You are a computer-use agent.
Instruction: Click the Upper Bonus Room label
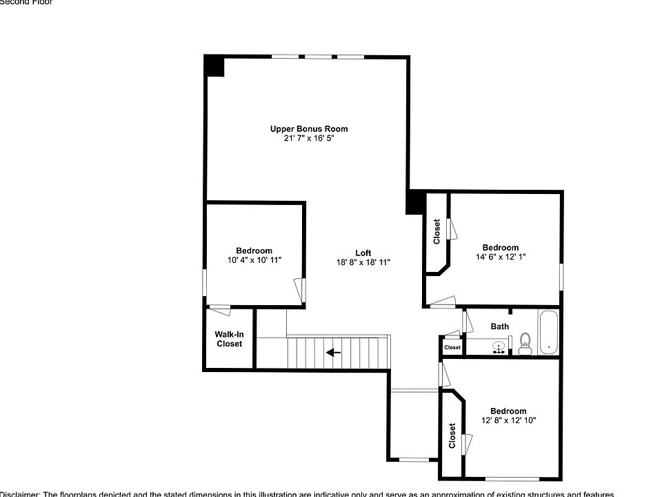point(308,128)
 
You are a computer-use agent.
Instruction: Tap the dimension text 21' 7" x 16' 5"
point(308,138)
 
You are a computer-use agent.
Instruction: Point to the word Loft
point(363,253)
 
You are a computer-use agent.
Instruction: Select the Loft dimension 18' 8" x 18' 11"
point(363,262)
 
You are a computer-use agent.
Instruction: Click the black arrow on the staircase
point(334,352)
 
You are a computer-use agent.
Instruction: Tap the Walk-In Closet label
point(229,339)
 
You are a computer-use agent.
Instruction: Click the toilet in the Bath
point(525,343)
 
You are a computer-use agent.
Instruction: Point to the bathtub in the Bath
point(548,333)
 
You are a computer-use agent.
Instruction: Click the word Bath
point(499,327)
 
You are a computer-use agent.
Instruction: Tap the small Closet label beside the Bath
point(452,348)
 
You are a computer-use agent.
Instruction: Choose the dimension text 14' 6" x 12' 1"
point(500,257)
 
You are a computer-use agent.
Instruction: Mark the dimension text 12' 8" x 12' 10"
point(508,420)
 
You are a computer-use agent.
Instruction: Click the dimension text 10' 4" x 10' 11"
point(254,260)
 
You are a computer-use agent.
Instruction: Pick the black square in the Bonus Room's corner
point(214,66)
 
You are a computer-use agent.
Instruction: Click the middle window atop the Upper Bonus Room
point(317,57)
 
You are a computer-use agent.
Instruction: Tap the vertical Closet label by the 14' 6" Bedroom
point(437,232)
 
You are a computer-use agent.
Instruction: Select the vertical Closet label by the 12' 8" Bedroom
point(452,436)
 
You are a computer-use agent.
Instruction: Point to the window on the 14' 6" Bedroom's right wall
point(561,276)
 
